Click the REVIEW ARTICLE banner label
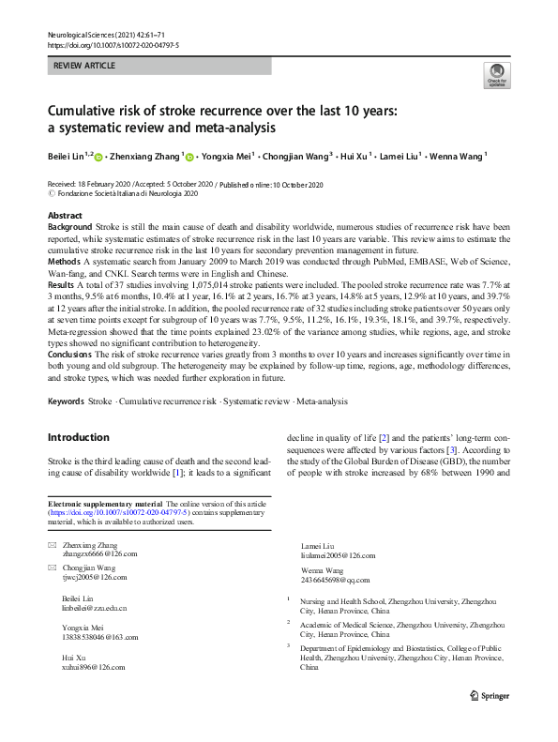[x=86, y=67]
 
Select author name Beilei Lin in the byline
[x=67, y=156]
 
